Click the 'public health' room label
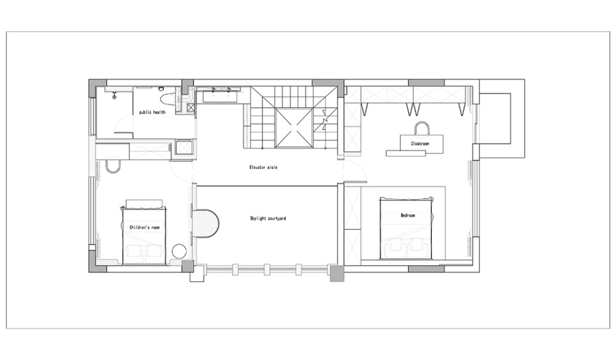point(152,112)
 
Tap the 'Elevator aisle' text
point(263,168)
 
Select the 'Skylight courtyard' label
point(268,218)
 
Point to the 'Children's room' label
point(145,227)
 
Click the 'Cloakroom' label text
point(420,144)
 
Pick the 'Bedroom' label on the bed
point(408,215)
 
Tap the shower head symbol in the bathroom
point(115,95)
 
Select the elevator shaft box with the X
point(293,128)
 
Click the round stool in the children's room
point(179,251)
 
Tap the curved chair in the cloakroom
point(421,128)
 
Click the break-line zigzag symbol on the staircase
point(325,120)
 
